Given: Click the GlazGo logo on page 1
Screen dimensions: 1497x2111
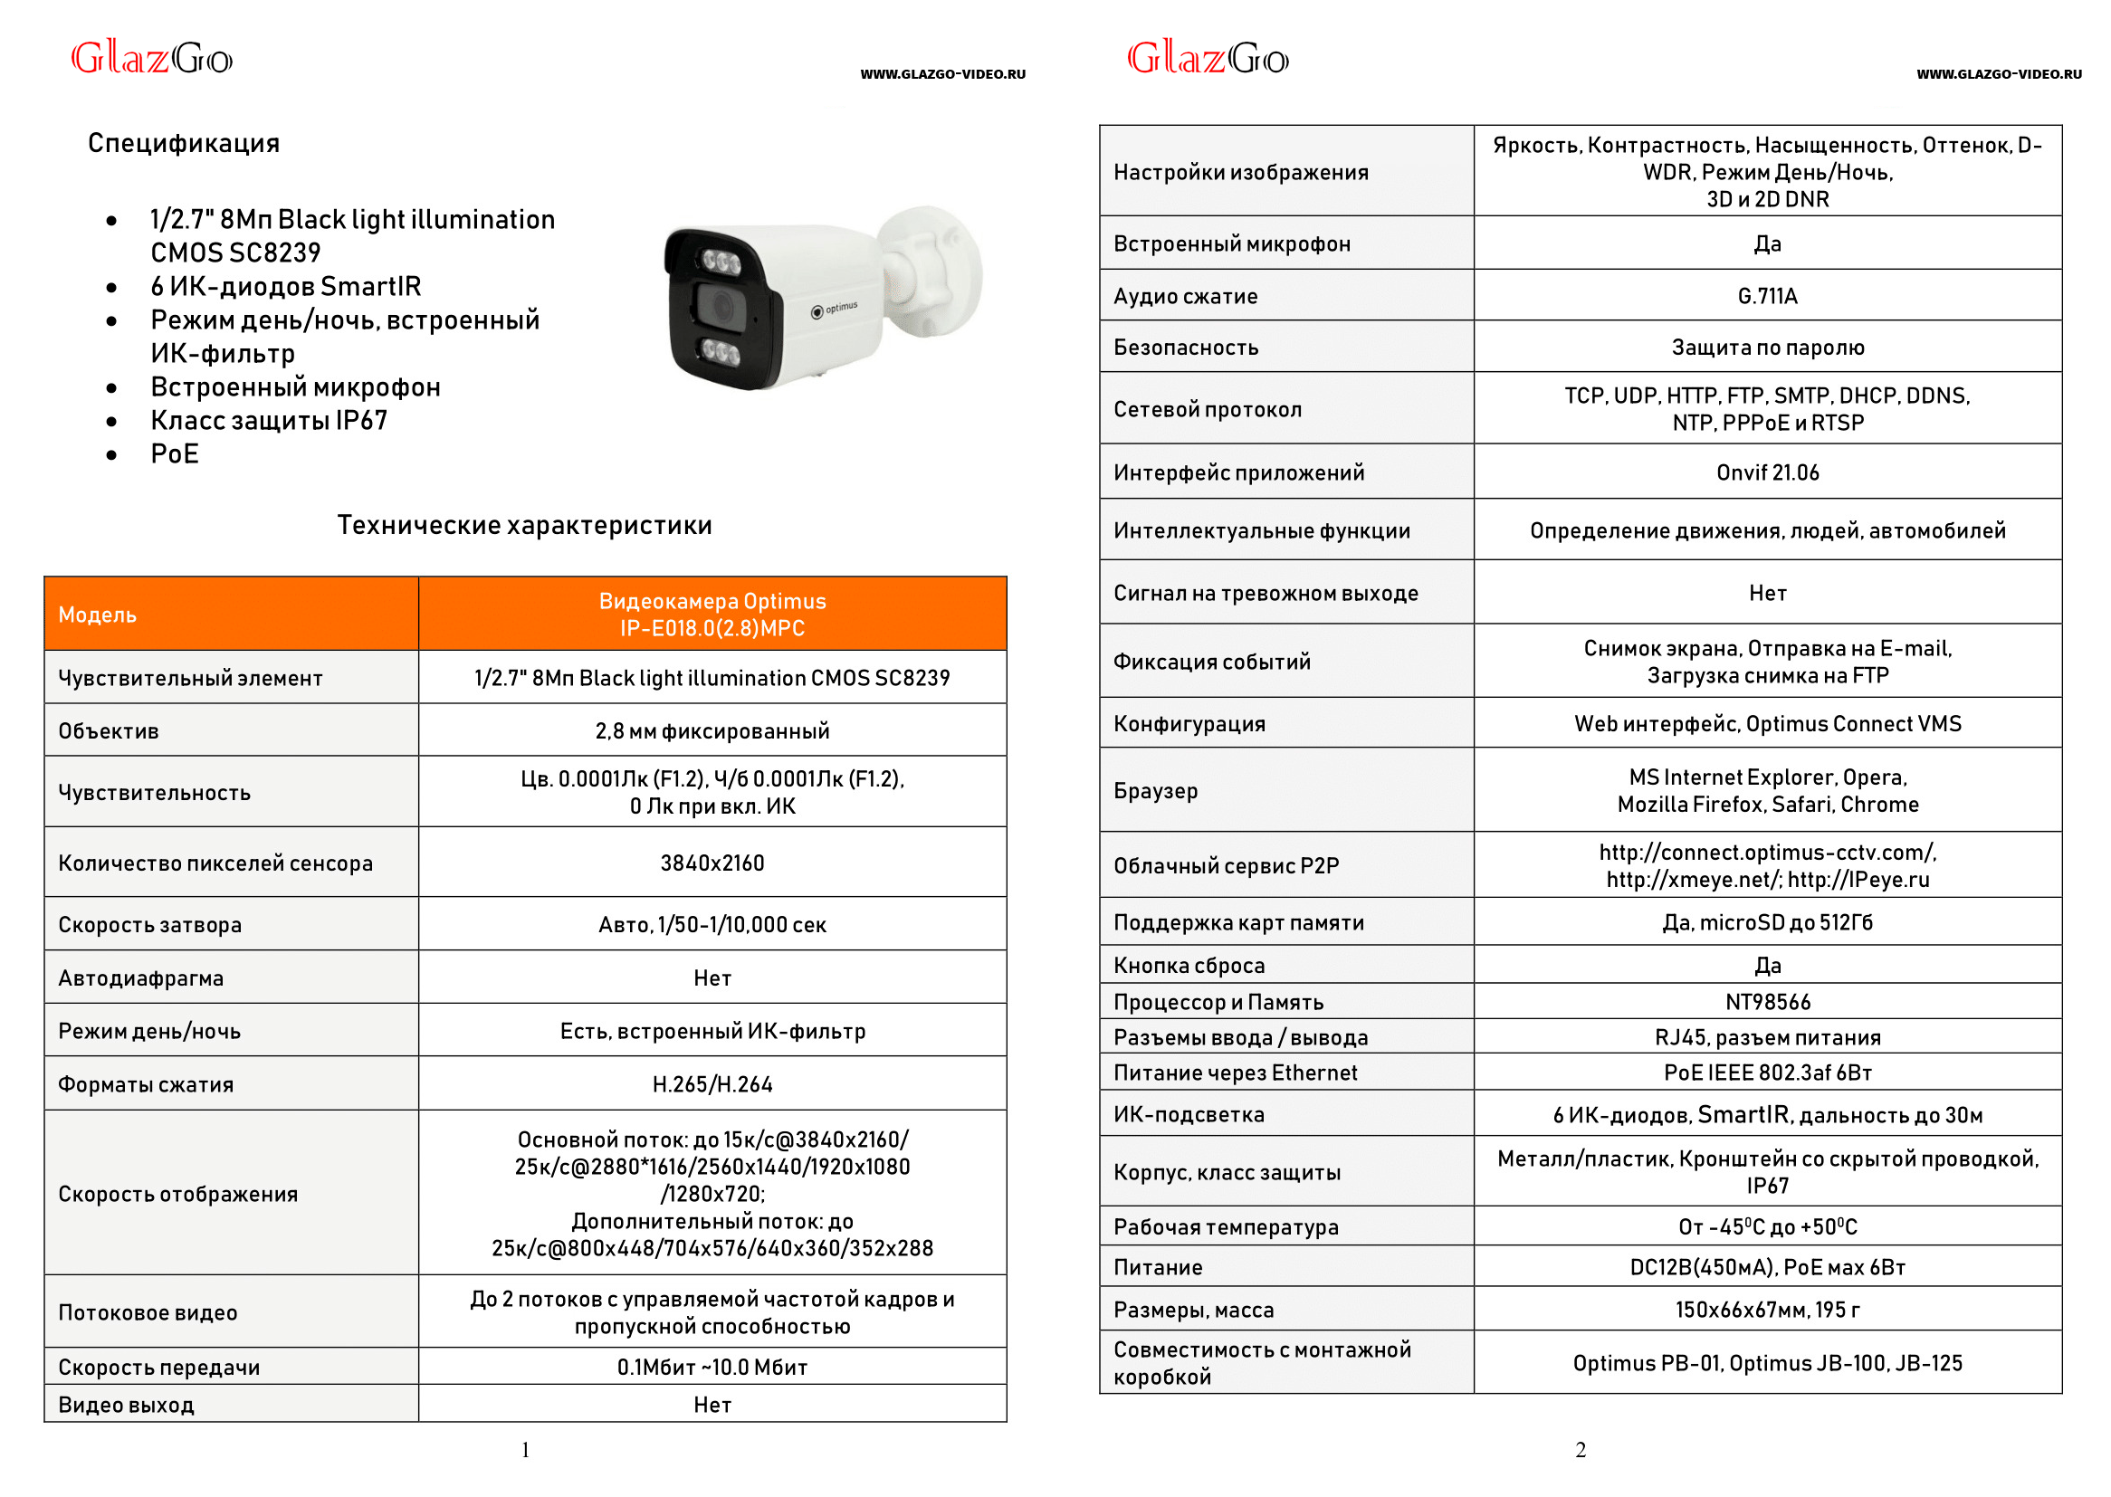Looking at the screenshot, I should pos(152,59).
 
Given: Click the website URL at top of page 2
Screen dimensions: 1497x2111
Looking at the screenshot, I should pos(1998,74).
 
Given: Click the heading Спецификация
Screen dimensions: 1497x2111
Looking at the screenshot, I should pos(184,144).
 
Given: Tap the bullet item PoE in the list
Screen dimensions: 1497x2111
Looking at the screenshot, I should pos(174,454).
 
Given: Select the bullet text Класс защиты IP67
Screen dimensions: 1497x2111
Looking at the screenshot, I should pos(268,421).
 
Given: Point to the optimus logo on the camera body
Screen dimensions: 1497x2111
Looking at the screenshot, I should pos(835,310).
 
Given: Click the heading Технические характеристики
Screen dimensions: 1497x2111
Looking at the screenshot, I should pos(523,526).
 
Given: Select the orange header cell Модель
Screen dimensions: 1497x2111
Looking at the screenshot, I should pos(98,615).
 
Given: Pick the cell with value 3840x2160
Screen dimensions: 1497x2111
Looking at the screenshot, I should pos(712,863).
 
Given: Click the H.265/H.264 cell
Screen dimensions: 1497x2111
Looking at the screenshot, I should pos(712,1085).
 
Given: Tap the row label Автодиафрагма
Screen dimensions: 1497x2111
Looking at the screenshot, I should pos(141,978).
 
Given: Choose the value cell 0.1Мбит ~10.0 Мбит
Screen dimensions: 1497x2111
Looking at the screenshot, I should pos(712,1367).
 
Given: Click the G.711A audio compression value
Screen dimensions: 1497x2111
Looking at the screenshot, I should pos(1767,296).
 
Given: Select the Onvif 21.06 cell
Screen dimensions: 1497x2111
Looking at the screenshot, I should pos(1767,472).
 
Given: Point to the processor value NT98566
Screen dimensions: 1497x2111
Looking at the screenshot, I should pos(1767,1002).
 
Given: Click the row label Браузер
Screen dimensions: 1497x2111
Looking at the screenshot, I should pos(1155,791).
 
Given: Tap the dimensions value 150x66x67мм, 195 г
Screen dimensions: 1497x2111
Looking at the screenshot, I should pos(1767,1310).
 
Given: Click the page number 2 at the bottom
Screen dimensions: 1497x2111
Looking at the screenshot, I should pos(1580,1450).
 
